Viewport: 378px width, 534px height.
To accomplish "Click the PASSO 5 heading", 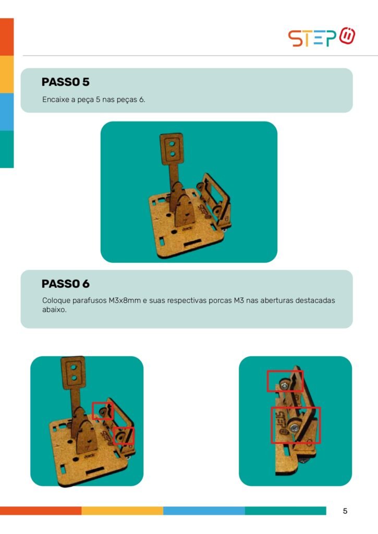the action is pyautogui.click(x=65, y=82).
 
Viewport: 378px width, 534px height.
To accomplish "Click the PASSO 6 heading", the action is pyautogui.click(x=65, y=284).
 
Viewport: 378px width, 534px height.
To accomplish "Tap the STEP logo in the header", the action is pyautogui.click(x=322, y=37).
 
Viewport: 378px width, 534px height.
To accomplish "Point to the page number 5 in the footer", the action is pyautogui.click(x=345, y=511).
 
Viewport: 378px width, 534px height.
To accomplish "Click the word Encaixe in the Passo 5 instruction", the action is pyautogui.click(x=55, y=100).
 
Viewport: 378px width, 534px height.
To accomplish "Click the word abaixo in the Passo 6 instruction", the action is pyautogui.click(x=54, y=310).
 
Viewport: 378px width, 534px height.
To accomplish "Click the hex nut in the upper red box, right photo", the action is pyautogui.click(x=284, y=385).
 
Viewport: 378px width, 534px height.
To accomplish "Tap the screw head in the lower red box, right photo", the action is pyautogui.click(x=294, y=427).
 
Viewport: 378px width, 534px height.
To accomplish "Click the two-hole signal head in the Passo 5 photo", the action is pyautogui.click(x=172, y=149).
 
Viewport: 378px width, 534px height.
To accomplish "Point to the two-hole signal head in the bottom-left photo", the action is pyautogui.click(x=73, y=372).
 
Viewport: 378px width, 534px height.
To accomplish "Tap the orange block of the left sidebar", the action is pyautogui.click(x=7, y=37).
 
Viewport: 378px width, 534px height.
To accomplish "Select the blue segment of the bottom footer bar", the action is pyautogui.click(x=204, y=511).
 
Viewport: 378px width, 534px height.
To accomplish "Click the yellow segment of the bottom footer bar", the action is pyautogui.click(x=122, y=511).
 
